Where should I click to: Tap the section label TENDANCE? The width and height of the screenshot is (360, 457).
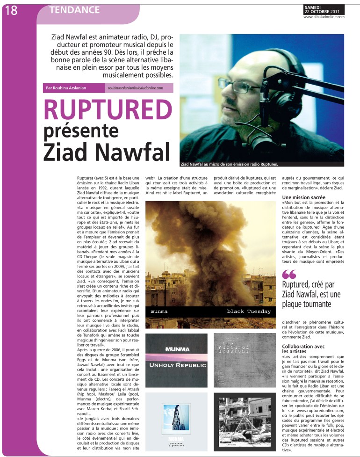click(75, 10)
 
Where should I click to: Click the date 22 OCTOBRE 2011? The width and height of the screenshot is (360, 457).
click(324, 12)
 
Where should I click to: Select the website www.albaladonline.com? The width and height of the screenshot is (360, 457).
click(324, 17)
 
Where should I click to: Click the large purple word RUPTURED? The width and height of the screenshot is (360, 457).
click(108, 109)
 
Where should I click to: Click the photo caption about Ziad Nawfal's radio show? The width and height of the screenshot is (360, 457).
click(229, 164)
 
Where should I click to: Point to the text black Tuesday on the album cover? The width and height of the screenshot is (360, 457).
click(249, 312)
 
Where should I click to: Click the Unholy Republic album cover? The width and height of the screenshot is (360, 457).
click(176, 360)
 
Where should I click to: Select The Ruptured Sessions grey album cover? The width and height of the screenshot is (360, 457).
click(245, 360)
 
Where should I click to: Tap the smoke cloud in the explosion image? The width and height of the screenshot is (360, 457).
click(196, 234)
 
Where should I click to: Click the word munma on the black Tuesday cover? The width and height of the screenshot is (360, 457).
click(159, 312)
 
